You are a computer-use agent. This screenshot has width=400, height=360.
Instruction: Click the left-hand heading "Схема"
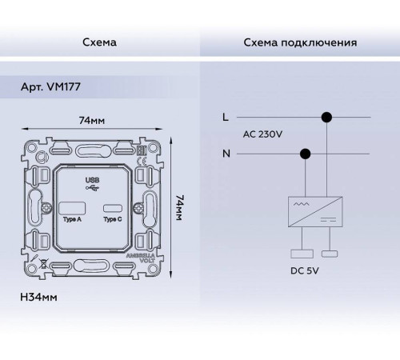click(x=99, y=42)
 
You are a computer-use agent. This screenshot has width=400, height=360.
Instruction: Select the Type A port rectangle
click(x=72, y=210)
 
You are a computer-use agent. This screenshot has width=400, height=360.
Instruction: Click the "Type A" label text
click(x=72, y=221)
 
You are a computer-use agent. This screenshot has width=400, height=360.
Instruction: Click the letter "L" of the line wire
click(x=225, y=118)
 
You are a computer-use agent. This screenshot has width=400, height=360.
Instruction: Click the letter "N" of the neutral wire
click(x=226, y=152)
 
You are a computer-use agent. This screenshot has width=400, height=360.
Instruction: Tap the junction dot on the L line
click(x=326, y=118)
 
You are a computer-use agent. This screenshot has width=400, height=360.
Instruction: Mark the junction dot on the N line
click(x=304, y=153)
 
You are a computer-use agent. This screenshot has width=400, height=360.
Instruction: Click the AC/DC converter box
click(x=315, y=209)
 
